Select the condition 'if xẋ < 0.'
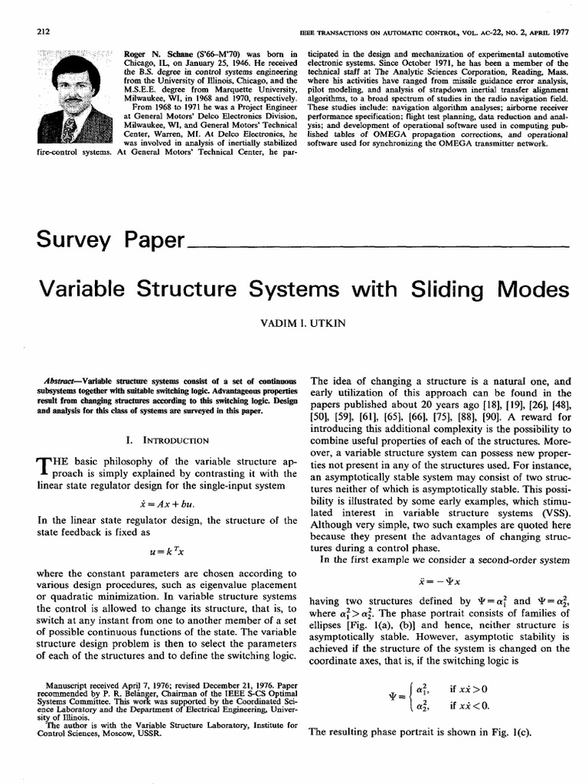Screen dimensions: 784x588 pyautogui.click(x=470, y=704)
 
